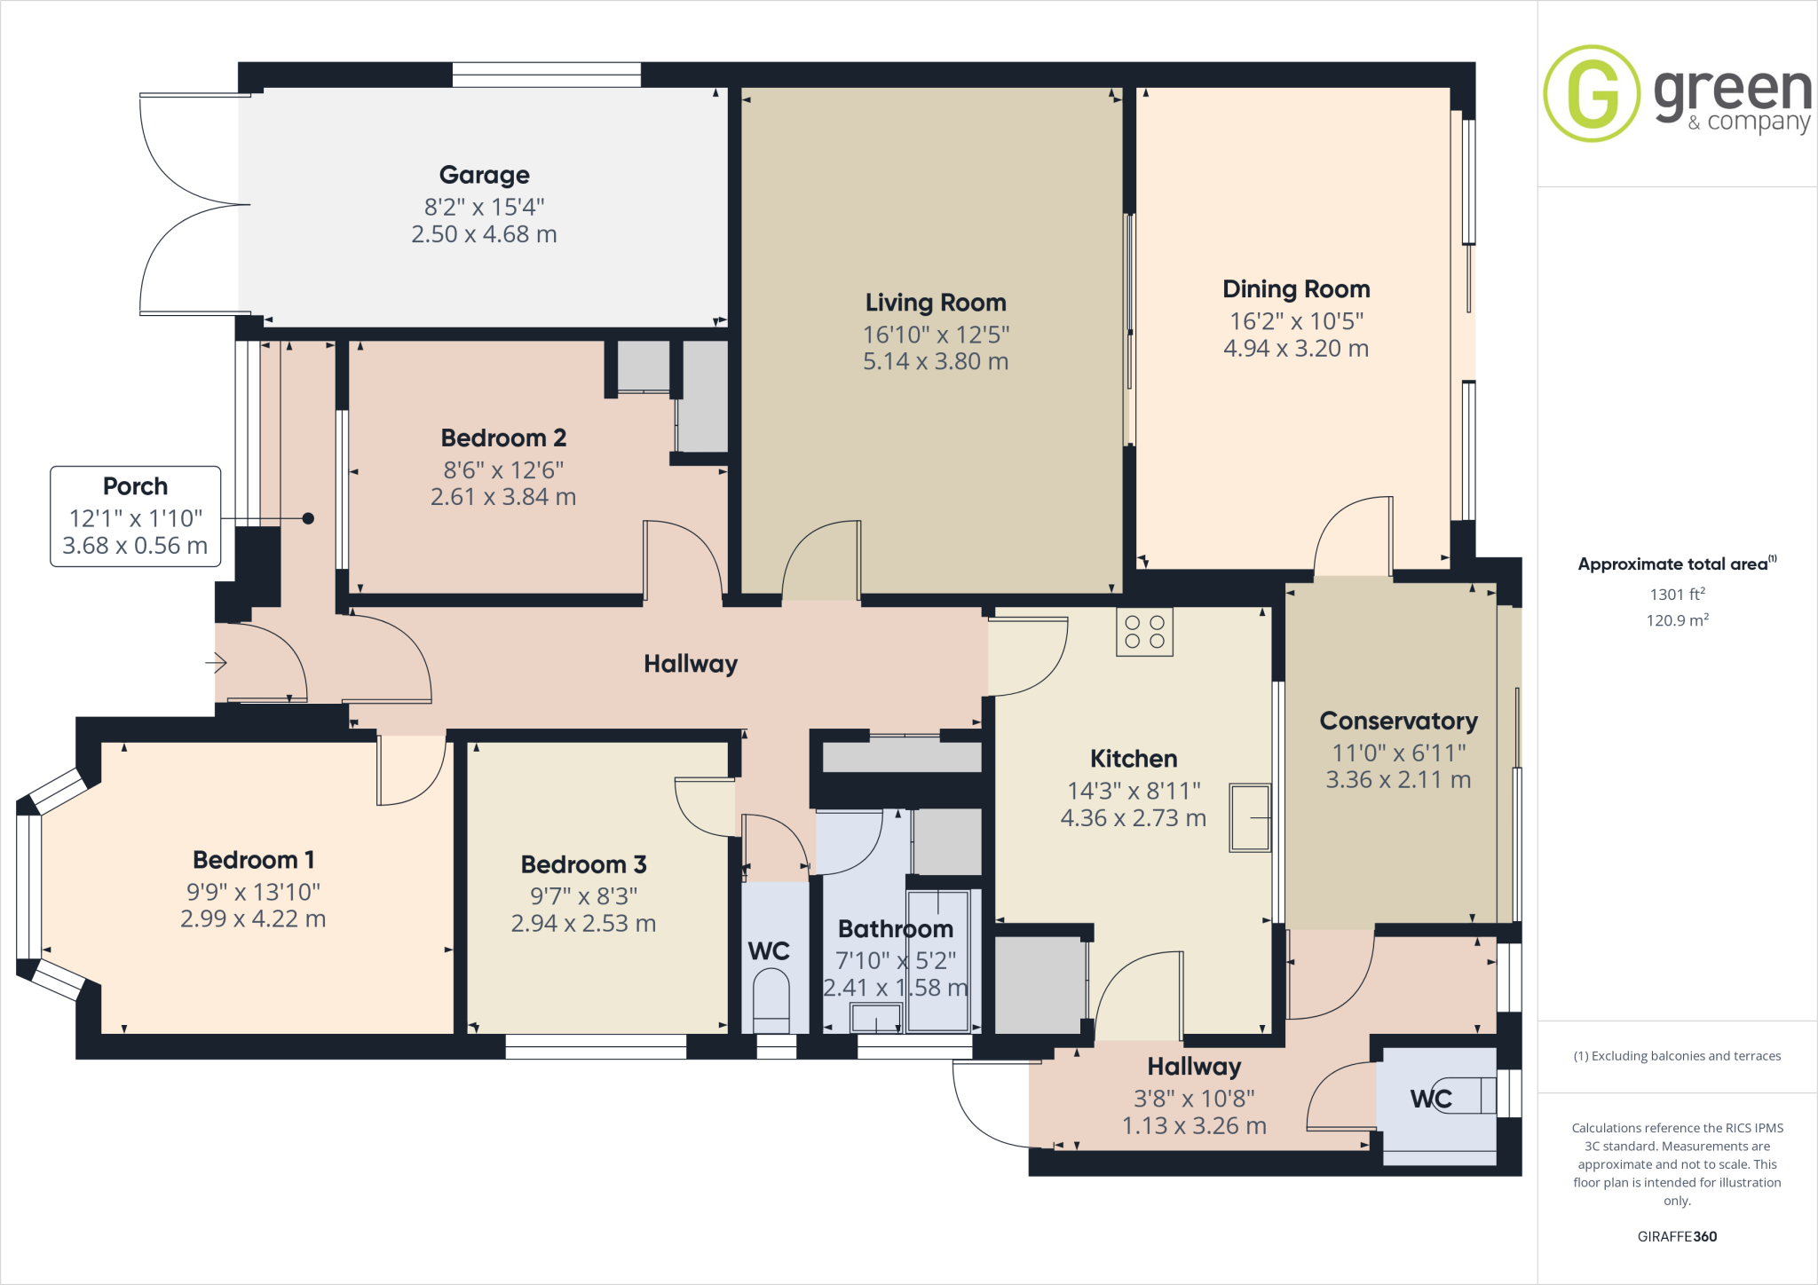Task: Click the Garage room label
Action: point(484,175)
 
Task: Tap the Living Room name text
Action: point(936,303)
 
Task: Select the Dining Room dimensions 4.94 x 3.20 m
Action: point(1295,349)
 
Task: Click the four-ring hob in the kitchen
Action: point(1144,632)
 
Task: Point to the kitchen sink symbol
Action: point(1249,817)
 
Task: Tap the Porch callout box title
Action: point(135,486)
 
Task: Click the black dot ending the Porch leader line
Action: point(308,518)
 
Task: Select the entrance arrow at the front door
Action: point(217,662)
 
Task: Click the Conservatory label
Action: point(1398,721)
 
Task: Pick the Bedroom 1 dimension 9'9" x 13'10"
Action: point(253,892)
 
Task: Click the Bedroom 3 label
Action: point(583,864)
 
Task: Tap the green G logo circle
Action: point(1592,93)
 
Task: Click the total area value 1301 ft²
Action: point(1676,595)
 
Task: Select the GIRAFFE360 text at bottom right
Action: point(1677,1236)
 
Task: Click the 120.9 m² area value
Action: point(1676,620)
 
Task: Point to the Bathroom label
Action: point(895,929)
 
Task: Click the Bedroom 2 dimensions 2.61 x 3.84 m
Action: point(503,497)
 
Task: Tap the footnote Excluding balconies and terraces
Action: point(1677,1056)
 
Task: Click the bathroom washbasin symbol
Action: point(876,1018)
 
